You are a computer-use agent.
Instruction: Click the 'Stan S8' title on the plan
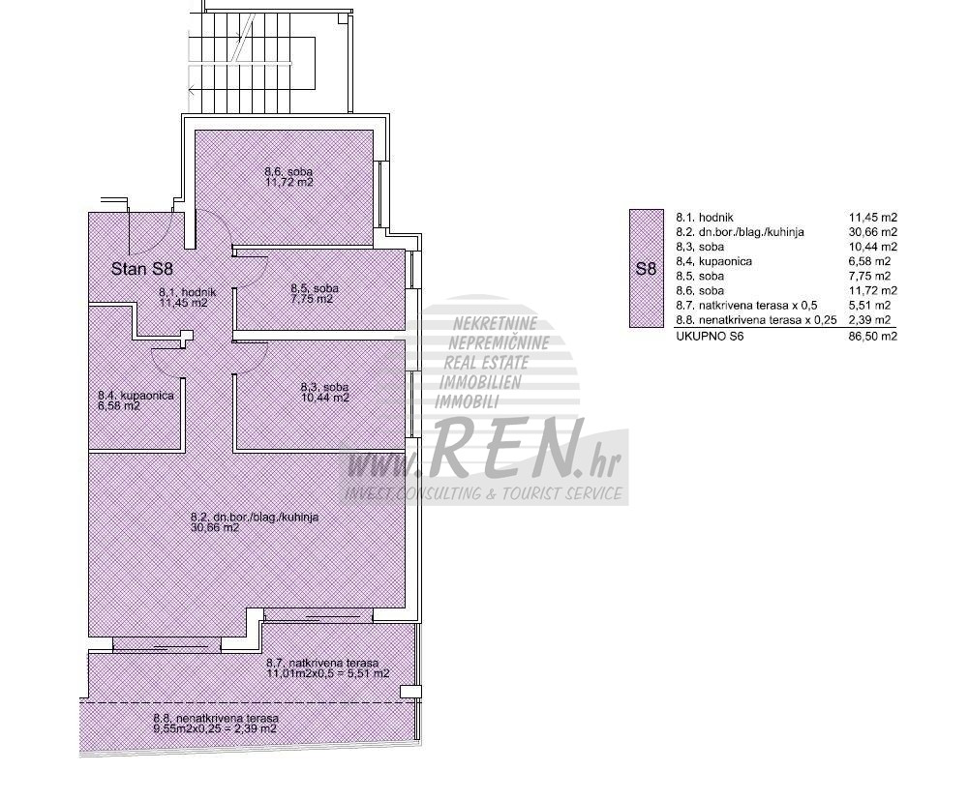(141, 269)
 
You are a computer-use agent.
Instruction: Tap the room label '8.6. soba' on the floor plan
(288, 172)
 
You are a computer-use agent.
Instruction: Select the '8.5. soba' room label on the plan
(315, 288)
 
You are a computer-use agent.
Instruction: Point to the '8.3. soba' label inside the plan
(324, 387)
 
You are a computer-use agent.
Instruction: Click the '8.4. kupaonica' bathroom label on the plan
(136, 396)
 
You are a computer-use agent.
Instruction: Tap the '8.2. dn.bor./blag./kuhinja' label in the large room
(256, 518)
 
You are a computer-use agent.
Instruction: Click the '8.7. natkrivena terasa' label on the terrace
(322, 663)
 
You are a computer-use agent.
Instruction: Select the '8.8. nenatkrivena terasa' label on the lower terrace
(216, 719)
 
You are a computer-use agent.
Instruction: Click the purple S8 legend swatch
(646, 268)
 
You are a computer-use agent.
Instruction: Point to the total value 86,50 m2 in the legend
(872, 337)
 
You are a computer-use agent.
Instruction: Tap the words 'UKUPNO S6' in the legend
(703, 337)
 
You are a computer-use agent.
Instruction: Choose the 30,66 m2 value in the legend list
(872, 232)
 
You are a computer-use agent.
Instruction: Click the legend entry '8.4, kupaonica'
(713, 261)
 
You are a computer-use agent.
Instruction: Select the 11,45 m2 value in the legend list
(872, 218)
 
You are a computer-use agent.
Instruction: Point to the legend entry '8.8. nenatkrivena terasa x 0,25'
(756, 320)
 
